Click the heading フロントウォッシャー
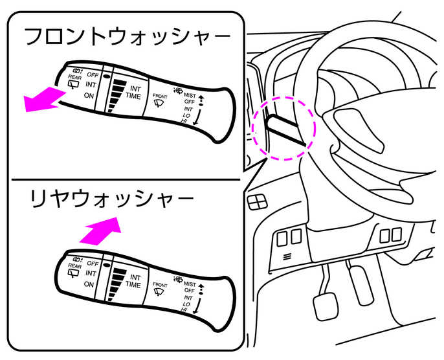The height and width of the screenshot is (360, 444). (x=127, y=37)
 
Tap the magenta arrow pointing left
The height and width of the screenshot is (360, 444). (x=43, y=100)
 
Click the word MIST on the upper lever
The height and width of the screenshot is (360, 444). (x=190, y=95)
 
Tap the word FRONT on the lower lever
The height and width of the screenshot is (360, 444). (x=160, y=285)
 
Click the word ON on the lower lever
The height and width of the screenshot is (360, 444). (x=89, y=284)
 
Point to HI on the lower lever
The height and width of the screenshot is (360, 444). (x=185, y=310)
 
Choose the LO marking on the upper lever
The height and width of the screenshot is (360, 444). (x=186, y=116)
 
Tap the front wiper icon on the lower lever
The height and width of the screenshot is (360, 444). (x=159, y=292)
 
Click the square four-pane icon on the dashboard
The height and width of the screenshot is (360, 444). (x=258, y=202)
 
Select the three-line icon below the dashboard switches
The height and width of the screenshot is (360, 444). (x=287, y=256)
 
